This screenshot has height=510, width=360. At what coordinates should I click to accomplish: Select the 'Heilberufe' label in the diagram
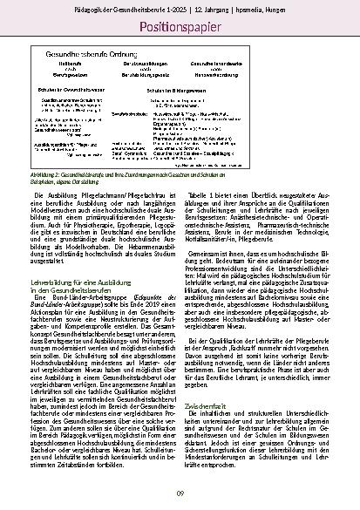point(69,65)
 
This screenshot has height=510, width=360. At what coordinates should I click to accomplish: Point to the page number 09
point(180,494)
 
